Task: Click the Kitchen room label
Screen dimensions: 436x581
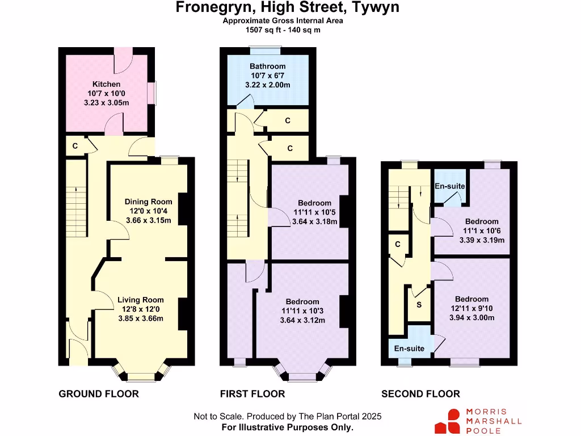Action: coord(107,84)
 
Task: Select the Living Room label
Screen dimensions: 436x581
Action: coord(141,300)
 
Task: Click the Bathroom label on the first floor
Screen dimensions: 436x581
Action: coord(267,66)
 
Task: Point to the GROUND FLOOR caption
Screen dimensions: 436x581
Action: coord(99,394)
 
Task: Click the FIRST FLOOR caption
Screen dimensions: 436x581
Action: coord(252,394)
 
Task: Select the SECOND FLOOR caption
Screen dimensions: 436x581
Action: coord(420,394)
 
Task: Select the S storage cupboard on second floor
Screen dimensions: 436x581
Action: coord(419,305)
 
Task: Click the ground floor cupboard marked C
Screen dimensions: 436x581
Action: coord(75,146)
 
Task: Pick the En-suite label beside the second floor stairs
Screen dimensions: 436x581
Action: coord(450,186)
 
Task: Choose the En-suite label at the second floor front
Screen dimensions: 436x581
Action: coord(409,349)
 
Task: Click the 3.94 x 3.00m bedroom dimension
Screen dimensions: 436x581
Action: coord(471,318)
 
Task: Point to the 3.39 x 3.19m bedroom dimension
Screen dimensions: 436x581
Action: coord(482,240)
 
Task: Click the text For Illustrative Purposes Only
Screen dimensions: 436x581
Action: coord(288,427)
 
